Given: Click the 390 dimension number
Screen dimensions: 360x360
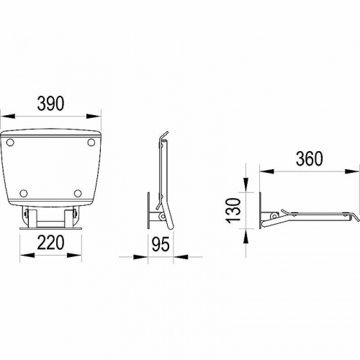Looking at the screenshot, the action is pos(51,104).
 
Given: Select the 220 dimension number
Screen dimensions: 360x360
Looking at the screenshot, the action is pos(51,242).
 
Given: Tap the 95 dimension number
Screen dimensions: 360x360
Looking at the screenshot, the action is pos(161,244).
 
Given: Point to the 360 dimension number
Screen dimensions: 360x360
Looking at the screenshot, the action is pos(310,158).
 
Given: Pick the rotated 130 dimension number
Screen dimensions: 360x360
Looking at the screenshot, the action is pos(233,210).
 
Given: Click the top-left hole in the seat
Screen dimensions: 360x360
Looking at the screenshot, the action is pos(10,143).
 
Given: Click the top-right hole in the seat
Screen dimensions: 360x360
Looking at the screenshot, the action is pos(91,143).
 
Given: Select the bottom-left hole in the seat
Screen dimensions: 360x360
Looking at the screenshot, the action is pos(24,193).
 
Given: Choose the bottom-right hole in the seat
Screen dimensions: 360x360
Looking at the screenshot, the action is pos(78,193).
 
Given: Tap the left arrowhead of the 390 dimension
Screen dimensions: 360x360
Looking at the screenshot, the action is pos(8,116).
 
